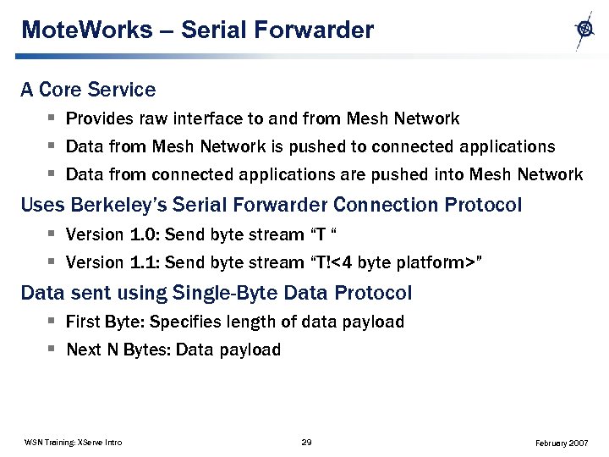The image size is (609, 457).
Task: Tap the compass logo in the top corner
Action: pos(584,30)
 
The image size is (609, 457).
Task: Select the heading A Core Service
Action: pos(88,90)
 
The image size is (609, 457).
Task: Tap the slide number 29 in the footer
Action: pos(307,442)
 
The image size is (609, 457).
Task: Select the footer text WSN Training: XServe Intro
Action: pos(73,442)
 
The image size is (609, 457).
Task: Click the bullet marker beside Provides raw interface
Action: pos(52,118)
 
